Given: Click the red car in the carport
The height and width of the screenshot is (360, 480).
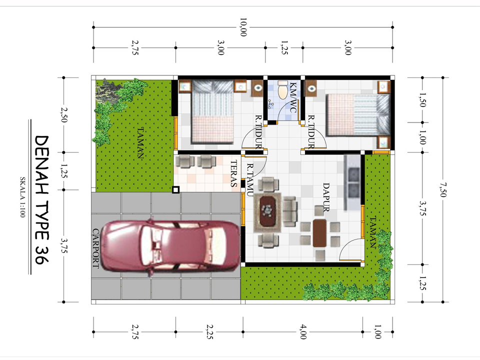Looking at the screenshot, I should (170, 247).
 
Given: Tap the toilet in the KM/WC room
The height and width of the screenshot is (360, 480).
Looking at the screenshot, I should (283, 90).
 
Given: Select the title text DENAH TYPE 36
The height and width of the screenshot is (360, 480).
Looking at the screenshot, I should (42, 203).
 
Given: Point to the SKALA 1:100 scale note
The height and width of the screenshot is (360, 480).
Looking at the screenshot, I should (23, 204).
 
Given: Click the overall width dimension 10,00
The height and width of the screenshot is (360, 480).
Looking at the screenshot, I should (243, 27).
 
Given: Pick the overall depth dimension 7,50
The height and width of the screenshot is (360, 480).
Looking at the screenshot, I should (441, 189).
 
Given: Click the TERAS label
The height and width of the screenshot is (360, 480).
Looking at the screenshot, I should (233, 173).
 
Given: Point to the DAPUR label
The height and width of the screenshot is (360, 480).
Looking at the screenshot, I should (325, 197).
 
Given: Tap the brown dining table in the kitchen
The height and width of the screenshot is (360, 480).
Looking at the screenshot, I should (320, 233).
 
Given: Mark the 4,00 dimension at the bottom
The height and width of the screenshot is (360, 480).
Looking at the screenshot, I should (303, 332).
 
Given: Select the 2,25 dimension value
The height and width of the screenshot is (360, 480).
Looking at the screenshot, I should (209, 332).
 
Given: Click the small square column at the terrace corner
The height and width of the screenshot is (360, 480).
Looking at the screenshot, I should (175, 189).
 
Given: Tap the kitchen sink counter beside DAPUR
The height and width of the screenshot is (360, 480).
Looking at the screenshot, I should (353, 182).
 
